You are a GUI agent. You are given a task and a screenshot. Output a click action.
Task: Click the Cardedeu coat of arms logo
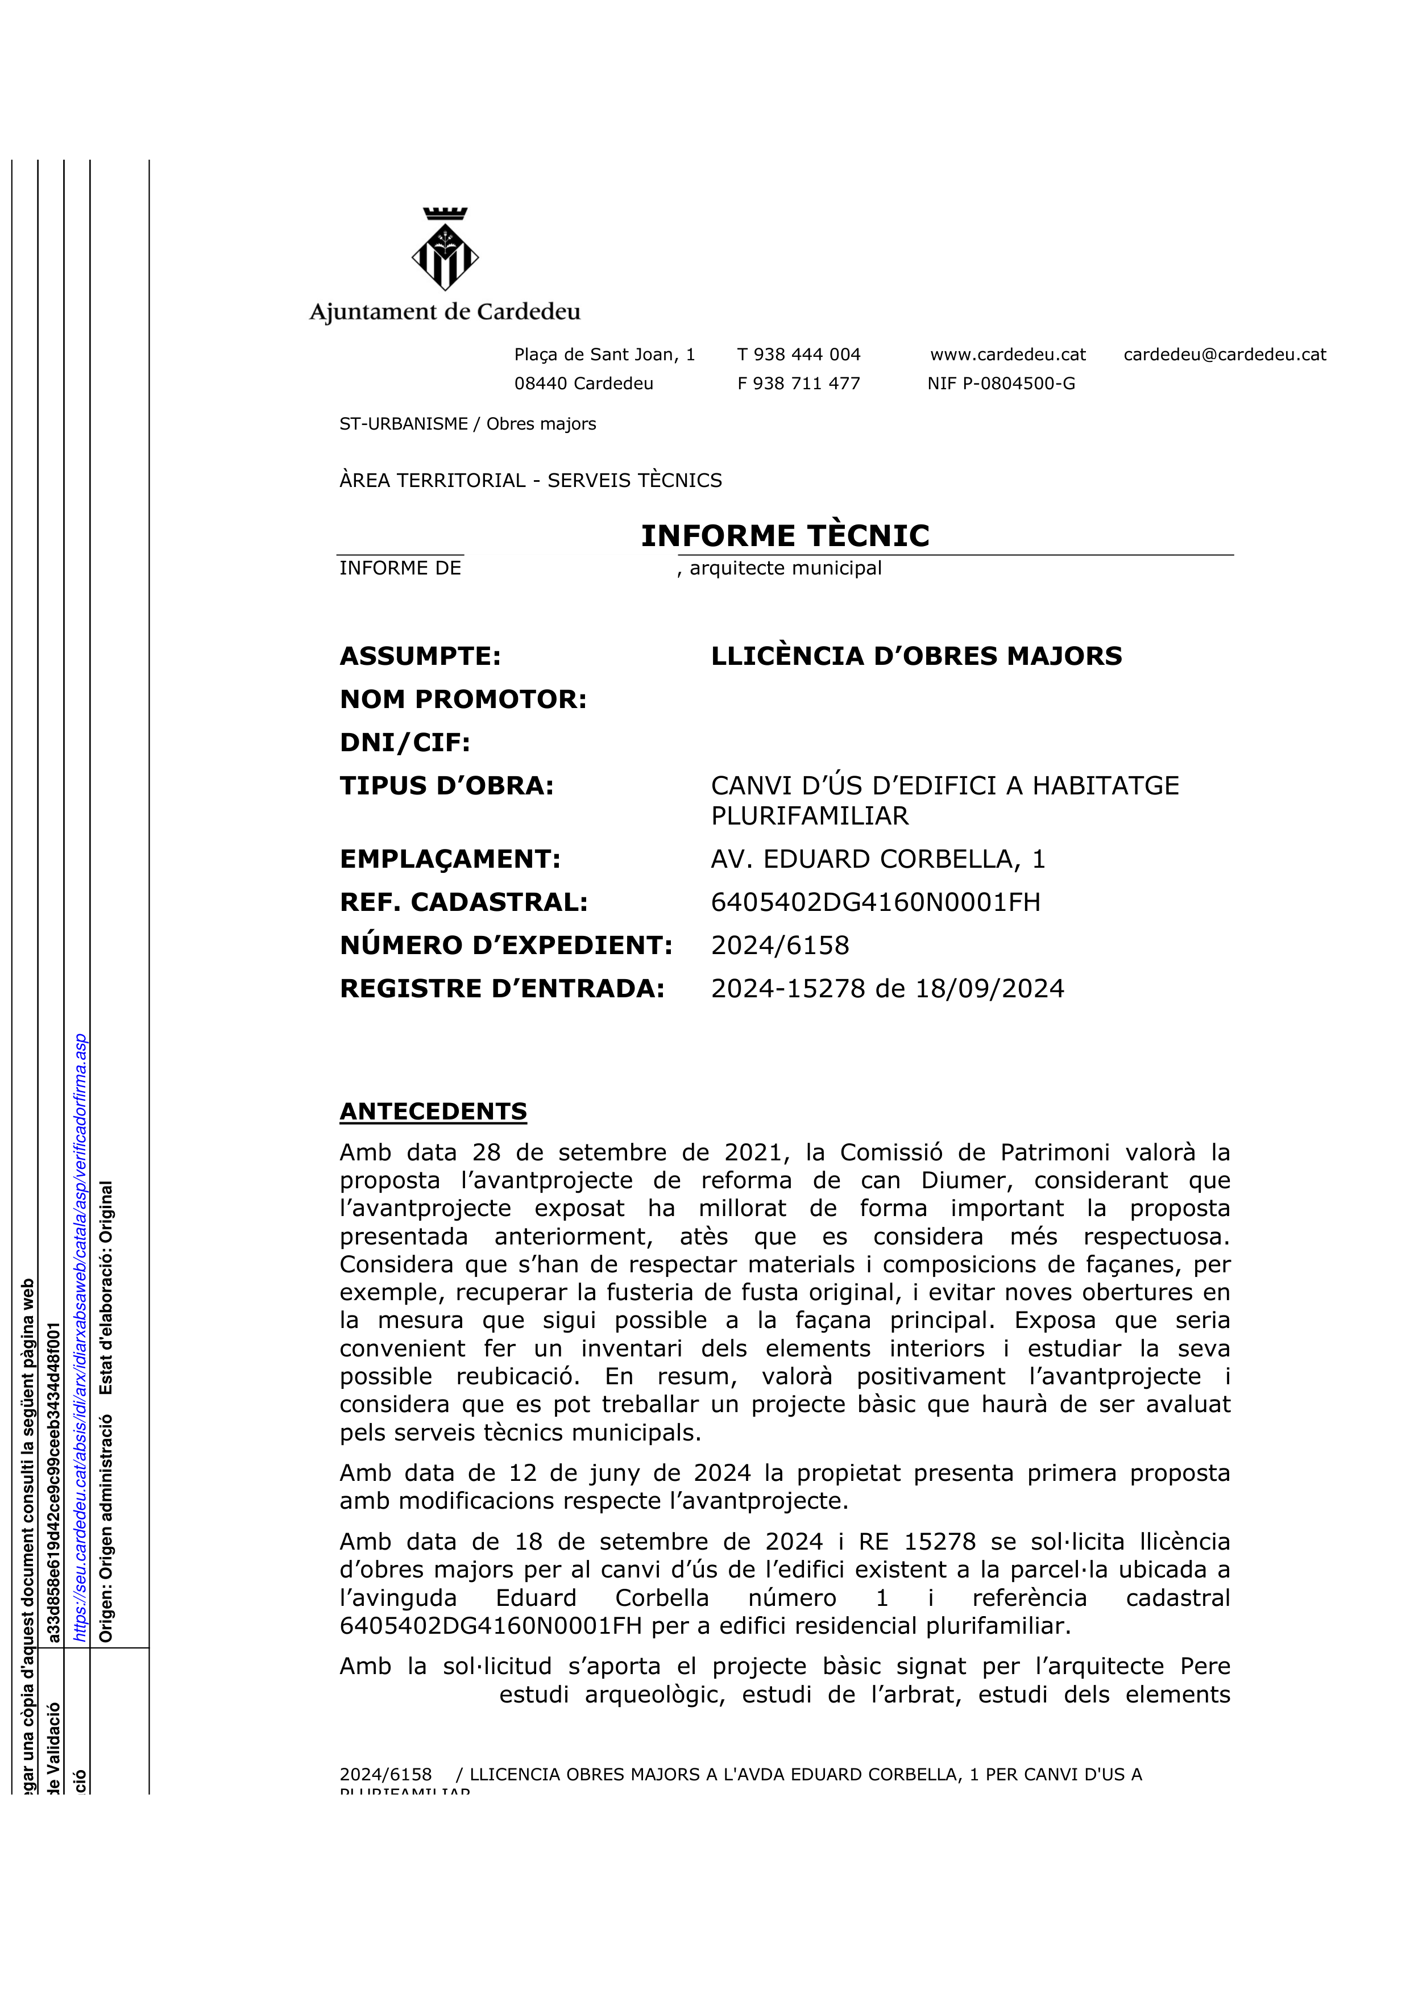coord(445,249)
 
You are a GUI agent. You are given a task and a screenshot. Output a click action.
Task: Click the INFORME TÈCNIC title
coord(785,536)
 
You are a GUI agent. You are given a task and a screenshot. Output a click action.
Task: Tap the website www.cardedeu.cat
coord(1008,355)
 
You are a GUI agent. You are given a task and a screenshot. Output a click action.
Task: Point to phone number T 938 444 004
coord(798,355)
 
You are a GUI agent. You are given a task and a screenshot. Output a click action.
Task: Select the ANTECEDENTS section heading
coord(433,1112)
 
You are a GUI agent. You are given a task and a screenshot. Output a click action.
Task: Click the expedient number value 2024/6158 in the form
coord(779,945)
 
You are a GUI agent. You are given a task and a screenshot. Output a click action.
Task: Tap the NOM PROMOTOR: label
coord(463,699)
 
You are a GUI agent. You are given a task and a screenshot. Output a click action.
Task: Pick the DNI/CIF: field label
coord(404,743)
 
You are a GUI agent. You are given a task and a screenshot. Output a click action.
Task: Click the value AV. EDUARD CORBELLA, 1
coord(877,859)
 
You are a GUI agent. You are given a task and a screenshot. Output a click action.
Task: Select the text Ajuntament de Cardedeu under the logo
coord(445,312)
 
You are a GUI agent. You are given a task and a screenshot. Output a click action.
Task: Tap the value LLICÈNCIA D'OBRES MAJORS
coord(916,656)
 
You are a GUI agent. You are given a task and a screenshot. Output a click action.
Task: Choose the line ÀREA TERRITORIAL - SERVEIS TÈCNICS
coord(530,480)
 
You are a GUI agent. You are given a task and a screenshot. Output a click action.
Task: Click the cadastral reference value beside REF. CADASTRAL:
coord(875,902)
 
